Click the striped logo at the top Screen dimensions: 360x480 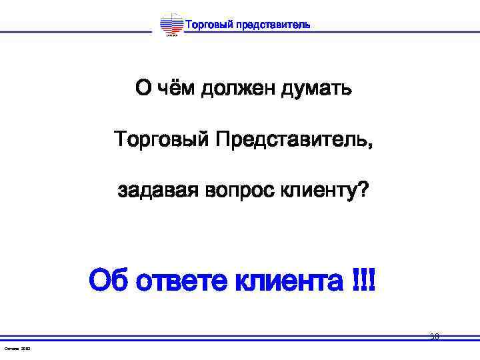click(171, 26)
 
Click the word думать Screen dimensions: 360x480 click(315, 89)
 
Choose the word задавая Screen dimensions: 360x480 click(157, 191)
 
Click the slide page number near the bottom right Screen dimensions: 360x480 click(434, 337)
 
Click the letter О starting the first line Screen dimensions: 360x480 click(143, 88)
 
